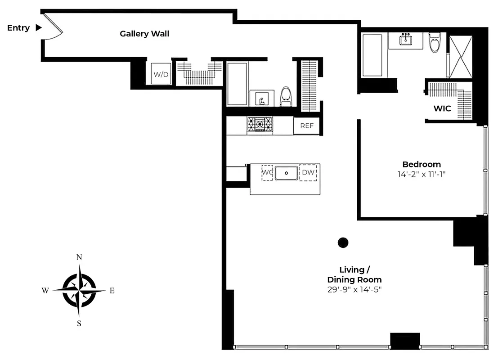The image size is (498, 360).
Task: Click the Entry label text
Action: (18, 28)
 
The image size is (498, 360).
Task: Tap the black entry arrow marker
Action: (39, 28)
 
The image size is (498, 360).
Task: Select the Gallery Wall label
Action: (144, 34)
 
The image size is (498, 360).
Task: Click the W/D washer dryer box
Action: (161, 74)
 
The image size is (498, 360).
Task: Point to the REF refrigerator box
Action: (307, 126)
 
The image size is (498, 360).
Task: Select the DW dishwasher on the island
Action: (308, 172)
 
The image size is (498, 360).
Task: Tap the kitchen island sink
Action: (286, 173)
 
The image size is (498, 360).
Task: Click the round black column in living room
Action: (343, 243)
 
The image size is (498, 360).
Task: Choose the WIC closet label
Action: (442, 109)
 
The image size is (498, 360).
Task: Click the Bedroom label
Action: (422, 164)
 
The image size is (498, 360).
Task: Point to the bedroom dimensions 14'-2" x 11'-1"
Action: (422, 174)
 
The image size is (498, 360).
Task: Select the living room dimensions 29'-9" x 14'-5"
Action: (354, 290)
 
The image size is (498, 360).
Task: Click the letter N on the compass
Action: (79, 257)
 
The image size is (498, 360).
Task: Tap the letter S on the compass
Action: (79, 323)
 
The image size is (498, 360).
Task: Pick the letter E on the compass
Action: (112, 291)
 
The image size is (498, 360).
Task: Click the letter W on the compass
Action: (45, 291)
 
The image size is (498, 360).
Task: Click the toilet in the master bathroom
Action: (435, 44)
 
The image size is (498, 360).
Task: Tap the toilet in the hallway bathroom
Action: (286, 96)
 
